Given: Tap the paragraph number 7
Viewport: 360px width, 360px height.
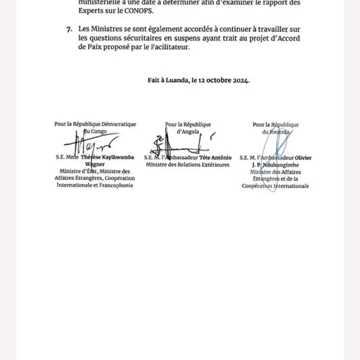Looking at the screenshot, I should click(x=69, y=30).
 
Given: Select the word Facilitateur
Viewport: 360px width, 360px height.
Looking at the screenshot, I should click(x=173, y=47).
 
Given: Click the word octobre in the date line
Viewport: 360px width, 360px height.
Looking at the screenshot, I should click(x=217, y=80).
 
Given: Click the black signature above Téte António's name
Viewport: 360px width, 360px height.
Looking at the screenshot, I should click(x=178, y=143).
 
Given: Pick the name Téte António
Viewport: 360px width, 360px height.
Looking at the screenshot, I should click(x=216, y=158).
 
